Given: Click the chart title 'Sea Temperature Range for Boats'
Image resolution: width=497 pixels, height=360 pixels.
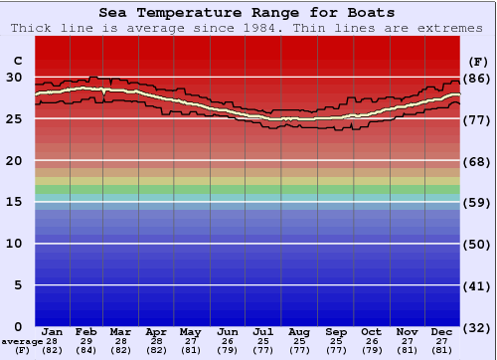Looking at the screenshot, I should (247, 12).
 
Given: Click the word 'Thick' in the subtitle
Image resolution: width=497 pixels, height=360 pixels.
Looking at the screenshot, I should (31, 28).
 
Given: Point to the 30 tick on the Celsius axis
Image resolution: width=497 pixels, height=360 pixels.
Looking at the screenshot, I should (14, 77).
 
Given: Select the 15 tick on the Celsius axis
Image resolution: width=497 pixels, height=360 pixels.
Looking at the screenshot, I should (14, 202).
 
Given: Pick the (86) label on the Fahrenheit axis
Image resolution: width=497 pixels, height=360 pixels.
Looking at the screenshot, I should (476, 78).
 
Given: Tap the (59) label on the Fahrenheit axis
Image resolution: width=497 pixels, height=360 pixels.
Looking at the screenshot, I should (476, 203).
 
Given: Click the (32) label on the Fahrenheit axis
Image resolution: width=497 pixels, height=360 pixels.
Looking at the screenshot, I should (476, 328).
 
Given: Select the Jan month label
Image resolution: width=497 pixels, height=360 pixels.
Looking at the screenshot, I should (53, 331).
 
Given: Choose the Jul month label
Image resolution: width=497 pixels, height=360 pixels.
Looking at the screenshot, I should (263, 331).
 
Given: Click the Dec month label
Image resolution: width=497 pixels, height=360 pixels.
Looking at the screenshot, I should (442, 331).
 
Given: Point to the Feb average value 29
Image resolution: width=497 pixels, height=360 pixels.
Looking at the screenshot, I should (87, 341).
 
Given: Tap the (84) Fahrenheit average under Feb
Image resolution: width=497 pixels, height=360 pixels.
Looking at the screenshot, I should (87, 350).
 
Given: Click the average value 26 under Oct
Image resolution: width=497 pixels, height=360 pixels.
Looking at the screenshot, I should (371, 341).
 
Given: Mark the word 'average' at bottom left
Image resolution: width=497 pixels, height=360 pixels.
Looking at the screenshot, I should (22, 341).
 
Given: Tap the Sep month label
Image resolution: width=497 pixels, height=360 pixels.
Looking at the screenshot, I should (336, 331).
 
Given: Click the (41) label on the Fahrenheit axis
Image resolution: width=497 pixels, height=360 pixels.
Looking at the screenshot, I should (476, 286).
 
